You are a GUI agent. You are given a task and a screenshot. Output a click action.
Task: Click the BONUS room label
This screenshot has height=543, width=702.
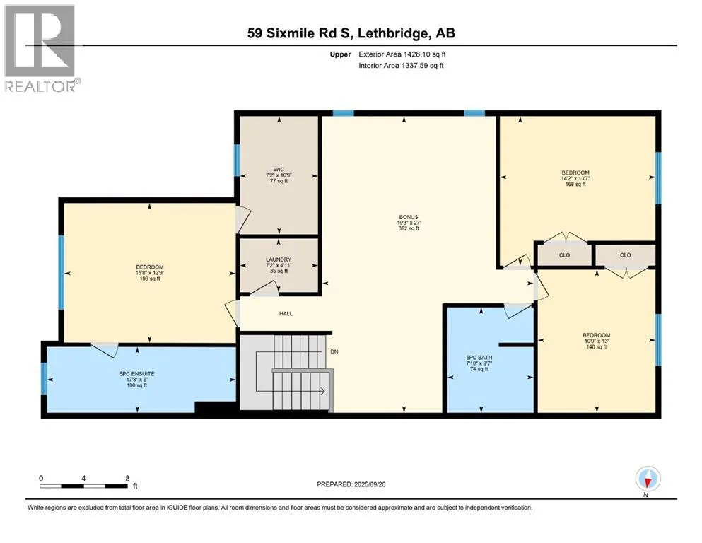[x=409, y=217]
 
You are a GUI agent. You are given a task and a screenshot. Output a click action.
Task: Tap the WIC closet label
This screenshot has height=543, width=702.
[x=279, y=170]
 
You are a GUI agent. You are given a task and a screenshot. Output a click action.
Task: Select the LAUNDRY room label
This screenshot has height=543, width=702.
[x=279, y=259]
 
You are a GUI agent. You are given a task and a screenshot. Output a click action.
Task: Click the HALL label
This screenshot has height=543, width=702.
[x=286, y=314]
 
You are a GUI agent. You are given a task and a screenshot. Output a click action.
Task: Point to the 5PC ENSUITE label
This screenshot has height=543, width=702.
[x=136, y=374]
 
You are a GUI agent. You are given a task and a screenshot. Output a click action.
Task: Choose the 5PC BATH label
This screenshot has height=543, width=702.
[x=479, y=358]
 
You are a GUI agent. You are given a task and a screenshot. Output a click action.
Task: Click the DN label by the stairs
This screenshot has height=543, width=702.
[x=334, y=352]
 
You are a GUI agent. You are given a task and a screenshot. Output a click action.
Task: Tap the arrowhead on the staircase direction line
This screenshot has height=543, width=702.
[x=322, y=392]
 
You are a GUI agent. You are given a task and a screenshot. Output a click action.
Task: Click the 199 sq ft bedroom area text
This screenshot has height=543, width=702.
[x=150, y=279]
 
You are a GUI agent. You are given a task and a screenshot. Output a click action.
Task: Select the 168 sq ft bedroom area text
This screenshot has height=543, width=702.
[x=575, y=185]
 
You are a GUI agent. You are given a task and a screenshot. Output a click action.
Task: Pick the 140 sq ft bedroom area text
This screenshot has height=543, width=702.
[x=597, y=347]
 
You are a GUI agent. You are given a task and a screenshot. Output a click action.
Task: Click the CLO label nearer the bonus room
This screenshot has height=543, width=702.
[x=565, y=255]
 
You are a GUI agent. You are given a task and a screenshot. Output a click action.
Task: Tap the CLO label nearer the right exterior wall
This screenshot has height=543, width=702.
[x=626, y=255]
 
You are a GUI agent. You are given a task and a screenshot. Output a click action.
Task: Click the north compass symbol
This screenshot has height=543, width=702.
[x=648, y=479]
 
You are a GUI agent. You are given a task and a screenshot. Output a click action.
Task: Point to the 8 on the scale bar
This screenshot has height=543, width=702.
[x=127, y=478]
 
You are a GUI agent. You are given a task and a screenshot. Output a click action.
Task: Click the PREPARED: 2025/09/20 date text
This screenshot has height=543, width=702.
[x=351, y=484]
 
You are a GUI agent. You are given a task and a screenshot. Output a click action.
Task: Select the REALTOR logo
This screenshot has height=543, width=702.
[x=42, y=48]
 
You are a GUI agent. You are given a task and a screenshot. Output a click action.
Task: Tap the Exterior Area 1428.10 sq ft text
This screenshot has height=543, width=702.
[x=402, y=54]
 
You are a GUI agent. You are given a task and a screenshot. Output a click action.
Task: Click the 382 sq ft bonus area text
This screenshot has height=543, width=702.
[x=409, y=229]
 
